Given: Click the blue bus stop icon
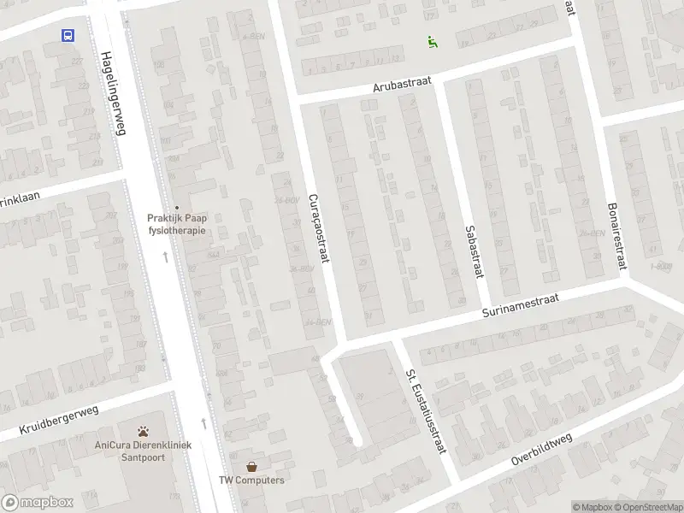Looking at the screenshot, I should [x=68, y=35].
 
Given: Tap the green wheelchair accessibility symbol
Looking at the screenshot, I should [x=433, y=41].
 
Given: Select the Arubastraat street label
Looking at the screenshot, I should [x=402, y=85].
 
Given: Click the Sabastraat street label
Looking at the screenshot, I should [x=470, y=251].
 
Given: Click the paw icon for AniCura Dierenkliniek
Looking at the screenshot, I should [x=144, y=431].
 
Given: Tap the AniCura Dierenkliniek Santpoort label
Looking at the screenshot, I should [x=144, y=451].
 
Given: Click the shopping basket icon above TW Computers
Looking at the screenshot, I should [x=251, y=466].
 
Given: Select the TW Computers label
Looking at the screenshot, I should [x=251, y=481].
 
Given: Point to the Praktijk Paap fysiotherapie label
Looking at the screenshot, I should [x=178, y=224].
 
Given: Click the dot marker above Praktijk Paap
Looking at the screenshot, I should [x=178, y=207].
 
